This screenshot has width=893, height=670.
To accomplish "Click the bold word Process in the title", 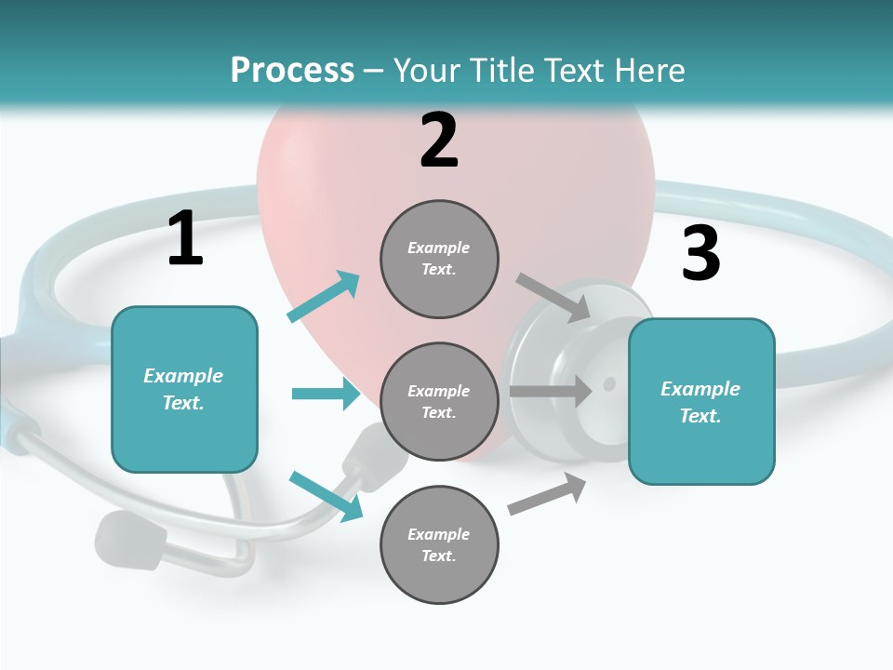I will (292, 71).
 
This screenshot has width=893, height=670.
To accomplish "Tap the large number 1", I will (185, 238).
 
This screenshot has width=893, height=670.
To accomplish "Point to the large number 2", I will (439, 141).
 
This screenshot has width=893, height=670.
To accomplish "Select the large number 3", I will (701, 253).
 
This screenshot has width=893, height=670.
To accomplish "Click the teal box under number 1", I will (184, 389).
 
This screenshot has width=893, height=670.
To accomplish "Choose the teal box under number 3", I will (701, 402).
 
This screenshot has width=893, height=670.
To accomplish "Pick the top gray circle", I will (439, 259).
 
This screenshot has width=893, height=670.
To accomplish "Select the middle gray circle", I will (439, 402).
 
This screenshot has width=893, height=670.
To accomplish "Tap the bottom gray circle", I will (439, 545).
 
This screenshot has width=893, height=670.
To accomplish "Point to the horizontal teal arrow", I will (326, 394).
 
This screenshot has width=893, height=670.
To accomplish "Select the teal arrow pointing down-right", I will (327, 496).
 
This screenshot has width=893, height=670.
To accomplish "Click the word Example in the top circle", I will (439, 248).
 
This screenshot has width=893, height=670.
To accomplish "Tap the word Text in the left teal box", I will (182, 403).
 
